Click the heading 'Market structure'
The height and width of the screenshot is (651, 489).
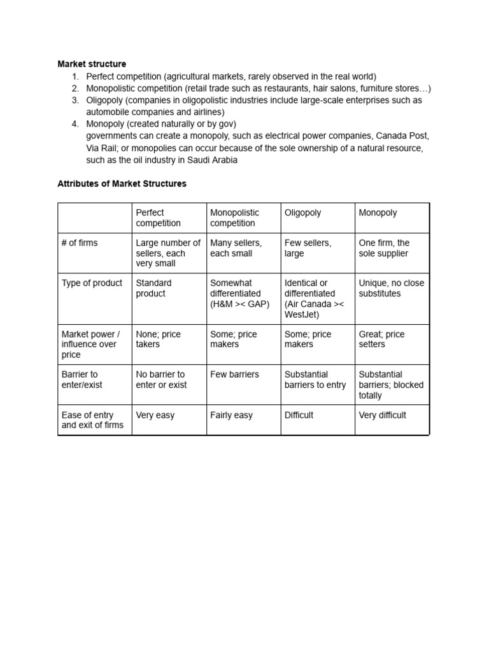coord(92,64)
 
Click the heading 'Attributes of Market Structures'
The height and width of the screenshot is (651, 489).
coord(122,184)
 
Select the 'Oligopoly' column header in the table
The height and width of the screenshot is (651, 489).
coord(302,213)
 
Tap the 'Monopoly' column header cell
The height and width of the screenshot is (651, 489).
coord(378,213)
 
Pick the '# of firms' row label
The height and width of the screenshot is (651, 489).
coord(80,243)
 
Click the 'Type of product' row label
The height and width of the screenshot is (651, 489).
coord(92,283)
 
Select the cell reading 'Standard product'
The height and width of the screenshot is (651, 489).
coord(153,288)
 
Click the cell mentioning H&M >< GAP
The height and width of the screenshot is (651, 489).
coord(239,293)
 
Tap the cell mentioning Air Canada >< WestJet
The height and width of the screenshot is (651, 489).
coord(314,298)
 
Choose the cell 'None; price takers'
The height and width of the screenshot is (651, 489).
coord(159,339)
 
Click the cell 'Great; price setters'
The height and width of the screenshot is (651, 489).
coord(381,339)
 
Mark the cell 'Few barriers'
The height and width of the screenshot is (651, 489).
coord(234,374)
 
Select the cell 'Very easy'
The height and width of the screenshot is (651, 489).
coord(155,415)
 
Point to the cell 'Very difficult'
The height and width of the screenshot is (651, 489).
coord(382,415)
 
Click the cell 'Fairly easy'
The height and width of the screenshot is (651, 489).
coord(231,415)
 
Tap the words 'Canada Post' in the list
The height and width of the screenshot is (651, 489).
coord(402,136)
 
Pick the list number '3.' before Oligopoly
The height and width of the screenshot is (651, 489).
coord(75,100)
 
